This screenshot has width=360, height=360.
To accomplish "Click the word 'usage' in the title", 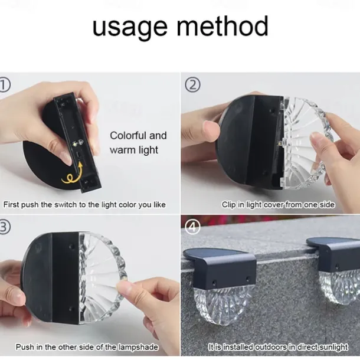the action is tap(130, 28).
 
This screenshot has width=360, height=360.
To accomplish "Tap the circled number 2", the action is tap(192, 85).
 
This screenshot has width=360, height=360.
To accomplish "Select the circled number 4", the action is tap(192, 227).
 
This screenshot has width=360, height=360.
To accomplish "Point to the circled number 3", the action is tap(5, 227).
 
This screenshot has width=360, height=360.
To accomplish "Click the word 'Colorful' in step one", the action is tap(128, 136).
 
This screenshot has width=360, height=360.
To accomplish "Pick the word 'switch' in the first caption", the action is tap(66, 204).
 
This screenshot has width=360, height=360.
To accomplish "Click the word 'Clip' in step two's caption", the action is tap(228, 205).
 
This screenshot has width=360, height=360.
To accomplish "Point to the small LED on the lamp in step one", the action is tap(75, 144).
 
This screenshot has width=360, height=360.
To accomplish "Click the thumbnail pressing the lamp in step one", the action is tap(66, 158).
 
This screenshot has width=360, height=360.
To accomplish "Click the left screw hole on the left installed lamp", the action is tap(214, 282).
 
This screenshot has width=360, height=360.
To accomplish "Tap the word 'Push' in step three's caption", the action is tap(24, 347).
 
